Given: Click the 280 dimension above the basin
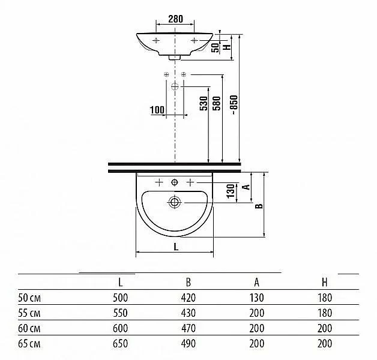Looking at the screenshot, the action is pos(175,19).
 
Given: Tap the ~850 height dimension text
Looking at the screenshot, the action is pos(234,105).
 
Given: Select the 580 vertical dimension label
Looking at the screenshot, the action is pos(217,103).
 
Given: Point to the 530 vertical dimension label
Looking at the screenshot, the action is pos(204,103).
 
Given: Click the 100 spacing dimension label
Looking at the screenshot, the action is pos(157,110).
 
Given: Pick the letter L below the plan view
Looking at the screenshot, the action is pos(176,247).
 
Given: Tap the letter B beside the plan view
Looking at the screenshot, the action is pos(259,206).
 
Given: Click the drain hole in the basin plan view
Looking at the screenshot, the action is pos(174,202).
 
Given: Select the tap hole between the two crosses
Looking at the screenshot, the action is pos(175,182).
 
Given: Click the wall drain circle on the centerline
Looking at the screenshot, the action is pos(175,86).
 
